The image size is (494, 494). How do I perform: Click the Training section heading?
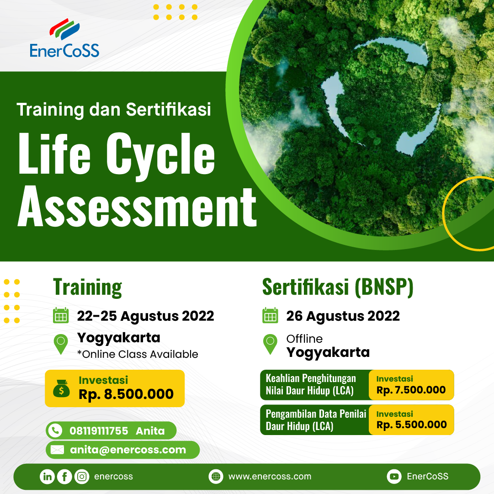click(x=88, y=287)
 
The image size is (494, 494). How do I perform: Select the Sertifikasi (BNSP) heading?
click(x=338, y=287)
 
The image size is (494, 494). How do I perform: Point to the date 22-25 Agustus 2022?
click(x=145, y=316)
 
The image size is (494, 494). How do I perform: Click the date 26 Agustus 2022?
click(x=343, y=316)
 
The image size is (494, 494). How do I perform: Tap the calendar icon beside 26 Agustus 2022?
click(x=270, y=315)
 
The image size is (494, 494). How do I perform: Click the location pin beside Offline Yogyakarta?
click(x=270, y=344)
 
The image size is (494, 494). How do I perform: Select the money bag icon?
click(x=61, y=388)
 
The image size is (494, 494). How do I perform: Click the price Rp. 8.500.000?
click(x=126, y=394)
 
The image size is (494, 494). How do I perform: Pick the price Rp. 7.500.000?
click(x=411, y=390)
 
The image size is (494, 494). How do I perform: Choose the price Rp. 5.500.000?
click(x=411, y=425)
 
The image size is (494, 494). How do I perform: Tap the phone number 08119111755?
click(x=99, y=430)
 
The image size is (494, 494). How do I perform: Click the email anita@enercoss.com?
click(x=128, y=450)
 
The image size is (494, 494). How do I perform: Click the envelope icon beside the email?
click(x=57, y=450)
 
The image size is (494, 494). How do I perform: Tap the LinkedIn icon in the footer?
click(x=47, y=477)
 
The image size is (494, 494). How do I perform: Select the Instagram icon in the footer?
click(x=82, y=477)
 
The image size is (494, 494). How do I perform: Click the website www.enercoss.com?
click(x=270, y=477)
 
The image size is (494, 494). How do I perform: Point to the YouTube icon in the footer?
click(x=393, y=477)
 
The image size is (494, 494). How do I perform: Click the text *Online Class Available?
click(x=138, y=354)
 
